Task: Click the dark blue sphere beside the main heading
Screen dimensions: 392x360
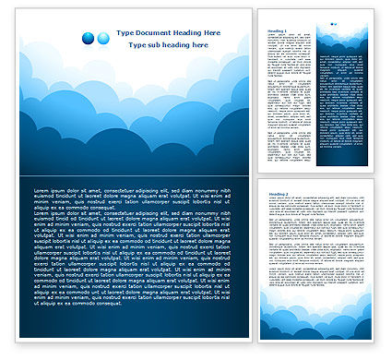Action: (x=88, y=37)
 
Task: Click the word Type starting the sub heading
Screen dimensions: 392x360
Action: (x=136, y=44)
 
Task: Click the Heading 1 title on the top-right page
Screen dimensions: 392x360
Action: (x=278, y=31)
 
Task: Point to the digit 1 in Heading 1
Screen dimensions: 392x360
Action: (x=285, y=31)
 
